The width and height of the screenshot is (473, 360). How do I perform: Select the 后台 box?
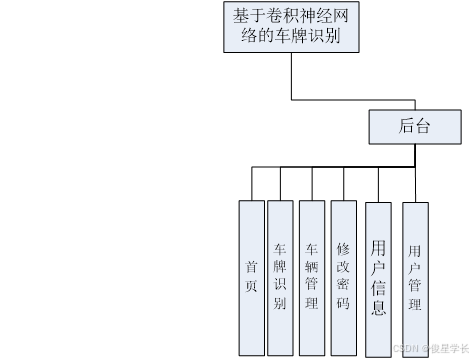tap(413, 126)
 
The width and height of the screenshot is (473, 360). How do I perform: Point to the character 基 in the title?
tap(240, 17)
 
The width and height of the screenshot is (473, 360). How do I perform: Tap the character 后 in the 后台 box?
tap(405, 126)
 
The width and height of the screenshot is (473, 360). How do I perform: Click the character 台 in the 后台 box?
tap(422, 126)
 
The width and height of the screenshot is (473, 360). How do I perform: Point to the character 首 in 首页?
tap(251, 267)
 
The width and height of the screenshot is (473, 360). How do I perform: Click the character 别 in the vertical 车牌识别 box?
tap(280, 303)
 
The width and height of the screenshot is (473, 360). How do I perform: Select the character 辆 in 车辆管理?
tap(311, 266)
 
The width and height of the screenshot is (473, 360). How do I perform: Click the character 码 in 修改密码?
tap(343, 304)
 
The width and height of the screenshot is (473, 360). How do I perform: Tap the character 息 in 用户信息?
tap(378, 307)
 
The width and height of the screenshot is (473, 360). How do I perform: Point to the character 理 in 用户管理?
tap(415, 302)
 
